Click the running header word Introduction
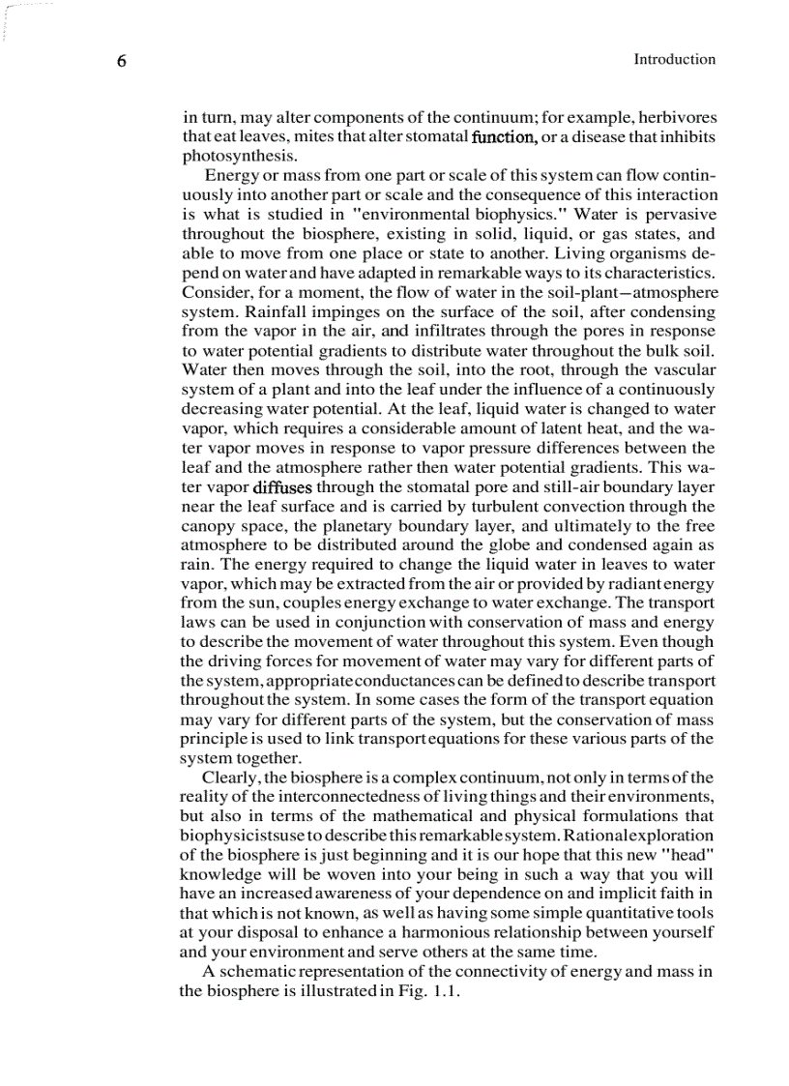point(674,59)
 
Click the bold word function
point(503,136)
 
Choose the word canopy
point(207,526)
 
